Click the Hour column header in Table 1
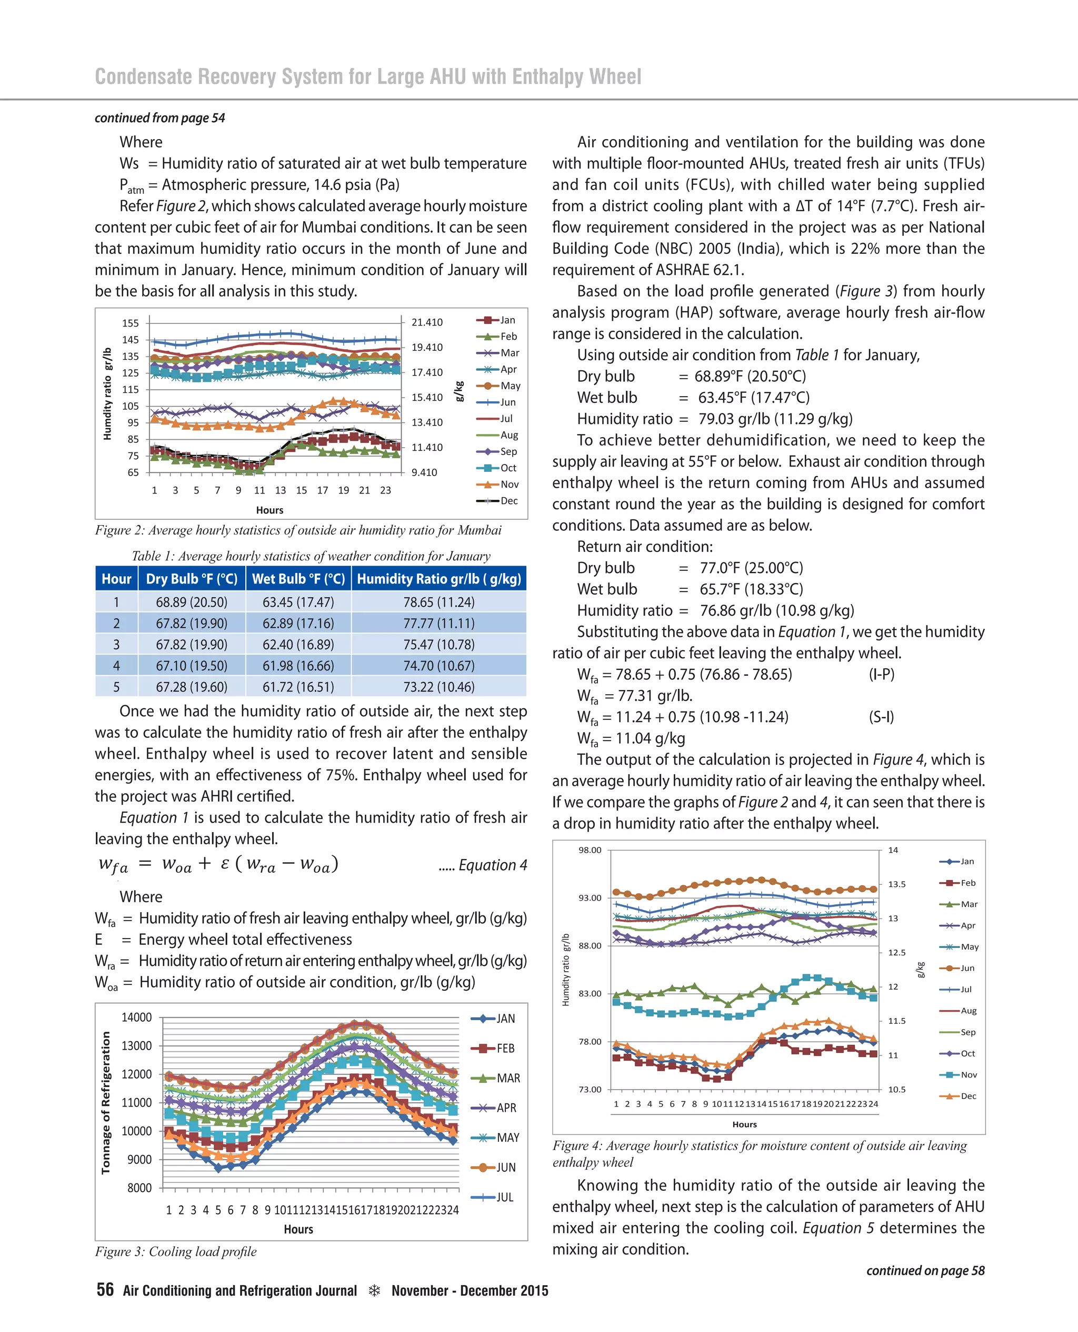(116, 578)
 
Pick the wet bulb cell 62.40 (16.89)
(298, 644)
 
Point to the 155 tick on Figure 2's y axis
(131, 323)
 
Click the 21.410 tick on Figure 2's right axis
(427, 322)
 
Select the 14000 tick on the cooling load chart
(137, 1017)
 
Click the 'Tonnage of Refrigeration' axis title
(106, 1103)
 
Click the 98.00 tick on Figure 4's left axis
(590, 850)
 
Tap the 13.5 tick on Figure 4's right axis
(897, 884)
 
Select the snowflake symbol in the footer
(374, 1290)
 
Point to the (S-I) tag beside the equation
(881, 717)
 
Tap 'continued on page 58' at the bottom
(925, 1270)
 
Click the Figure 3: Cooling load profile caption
(176, 1251)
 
